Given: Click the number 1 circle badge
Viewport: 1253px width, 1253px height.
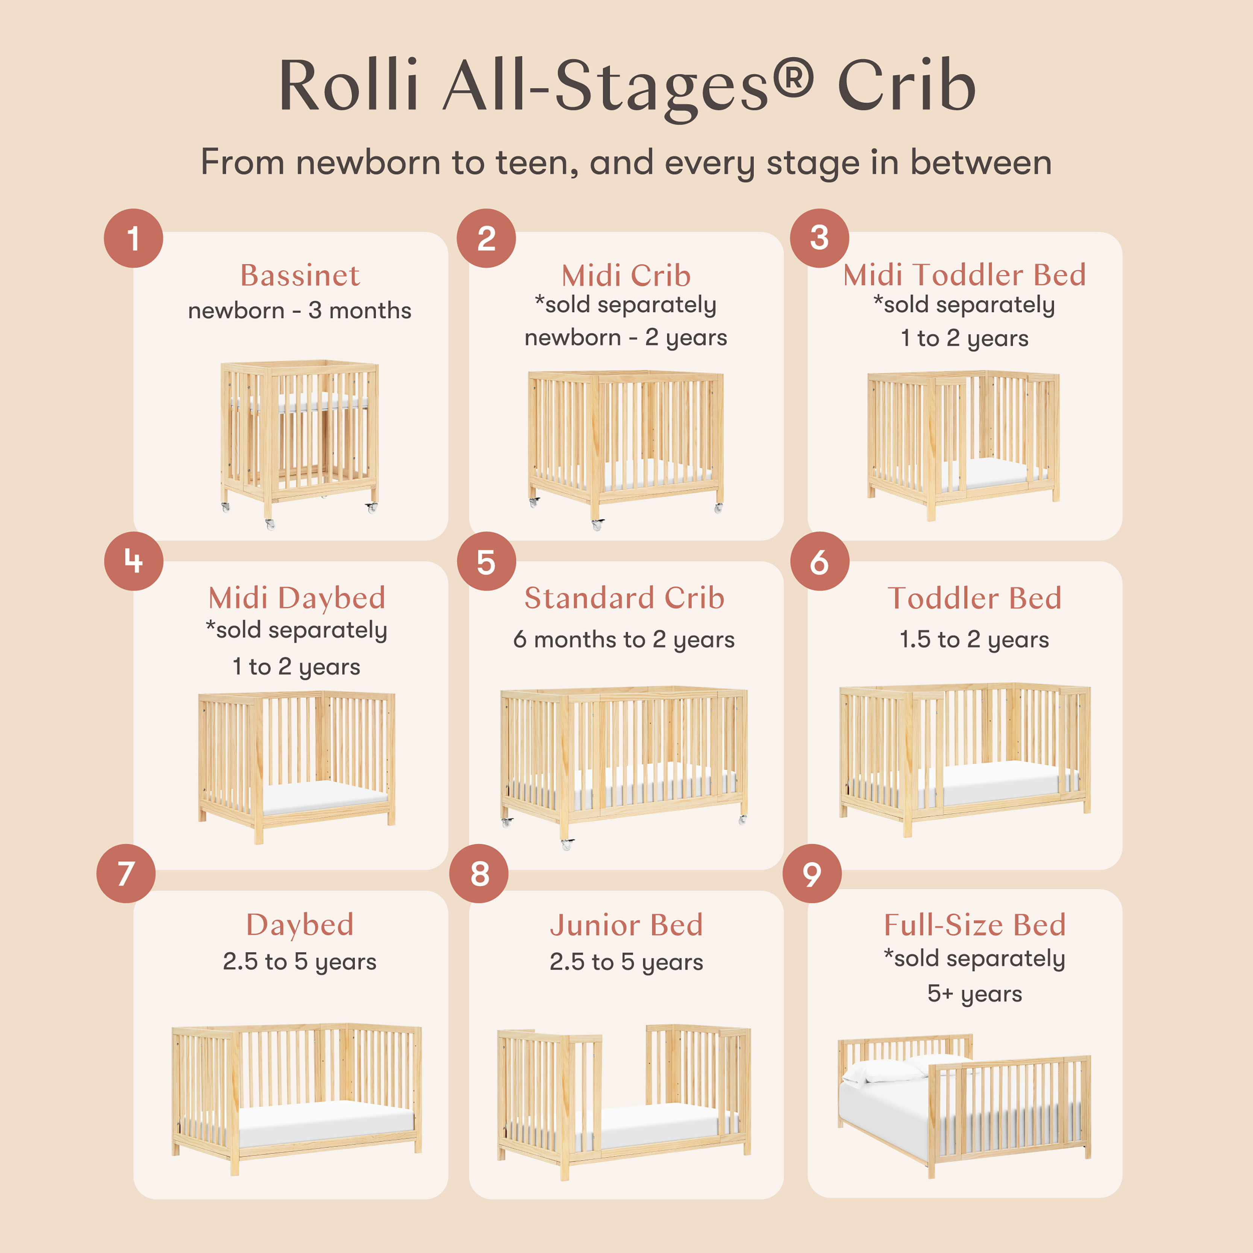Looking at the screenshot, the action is click(x=133, y=238).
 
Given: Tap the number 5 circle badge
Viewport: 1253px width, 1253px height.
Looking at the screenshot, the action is click(x=486, y=561).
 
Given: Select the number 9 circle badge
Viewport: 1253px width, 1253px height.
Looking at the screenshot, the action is click(x=812, y=874).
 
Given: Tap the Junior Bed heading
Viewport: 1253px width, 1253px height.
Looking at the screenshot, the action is click(x=626, y=925).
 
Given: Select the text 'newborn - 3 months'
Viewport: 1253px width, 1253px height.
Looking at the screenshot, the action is click(x=300, y=311).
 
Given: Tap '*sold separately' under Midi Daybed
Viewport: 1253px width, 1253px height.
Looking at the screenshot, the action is click(x=296, y=630).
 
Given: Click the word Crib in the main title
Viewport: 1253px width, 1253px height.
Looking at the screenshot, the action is click(x=907, y=86).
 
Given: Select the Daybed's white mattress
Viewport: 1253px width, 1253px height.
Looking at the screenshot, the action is click(x=326, y=1123).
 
